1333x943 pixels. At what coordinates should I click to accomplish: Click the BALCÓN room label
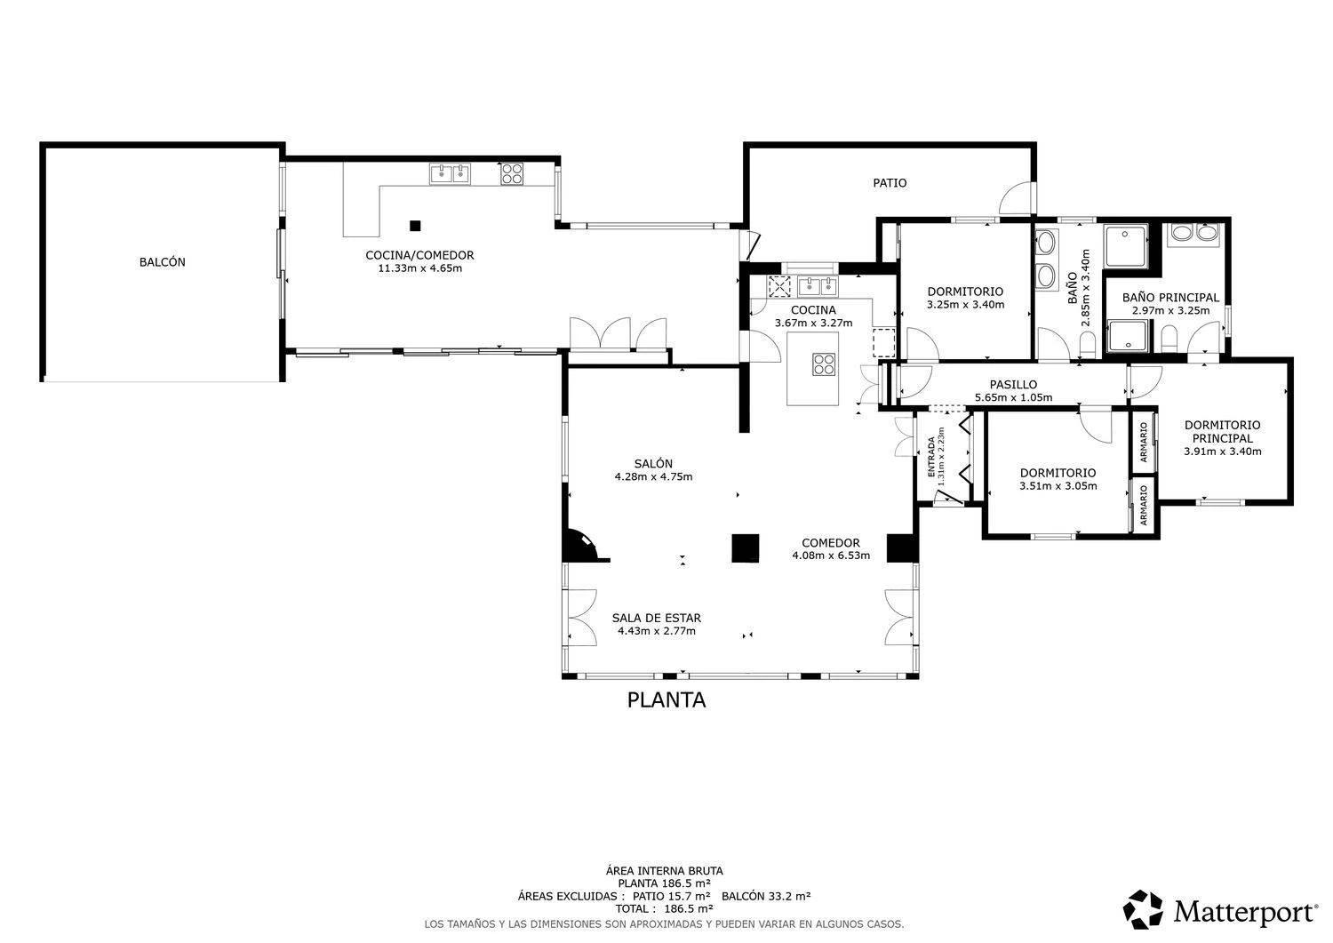[162, 262]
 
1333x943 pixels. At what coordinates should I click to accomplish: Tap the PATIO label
[890, 183]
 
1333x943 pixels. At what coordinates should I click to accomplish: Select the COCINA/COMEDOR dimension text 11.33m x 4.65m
[420, 268]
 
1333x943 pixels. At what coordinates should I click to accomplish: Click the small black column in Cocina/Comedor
[415, 226]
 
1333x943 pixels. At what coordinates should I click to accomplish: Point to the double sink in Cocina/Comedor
[450, 174]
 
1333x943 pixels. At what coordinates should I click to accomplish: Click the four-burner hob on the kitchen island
[824, 364]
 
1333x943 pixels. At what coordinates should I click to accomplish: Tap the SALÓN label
[653, 464]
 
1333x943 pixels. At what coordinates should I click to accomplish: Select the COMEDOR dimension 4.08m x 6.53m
[831, 556]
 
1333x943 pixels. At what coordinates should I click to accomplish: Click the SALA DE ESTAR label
[657, 618]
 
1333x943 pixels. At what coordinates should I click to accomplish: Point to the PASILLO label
[1013, 385]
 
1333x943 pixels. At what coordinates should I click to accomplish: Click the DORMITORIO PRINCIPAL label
[1222, 432]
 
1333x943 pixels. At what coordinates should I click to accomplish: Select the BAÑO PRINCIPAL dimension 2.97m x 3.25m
[1170, 311]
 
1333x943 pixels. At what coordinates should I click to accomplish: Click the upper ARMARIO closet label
[1143, 443]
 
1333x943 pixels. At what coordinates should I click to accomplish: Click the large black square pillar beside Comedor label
[746, 548]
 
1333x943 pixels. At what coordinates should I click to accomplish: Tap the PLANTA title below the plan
[666, 700]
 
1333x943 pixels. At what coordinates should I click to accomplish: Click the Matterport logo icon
[1143, 909]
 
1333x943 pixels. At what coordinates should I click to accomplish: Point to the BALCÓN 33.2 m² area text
[766, 896]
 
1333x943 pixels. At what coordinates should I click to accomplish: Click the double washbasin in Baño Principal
[1197, 233]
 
